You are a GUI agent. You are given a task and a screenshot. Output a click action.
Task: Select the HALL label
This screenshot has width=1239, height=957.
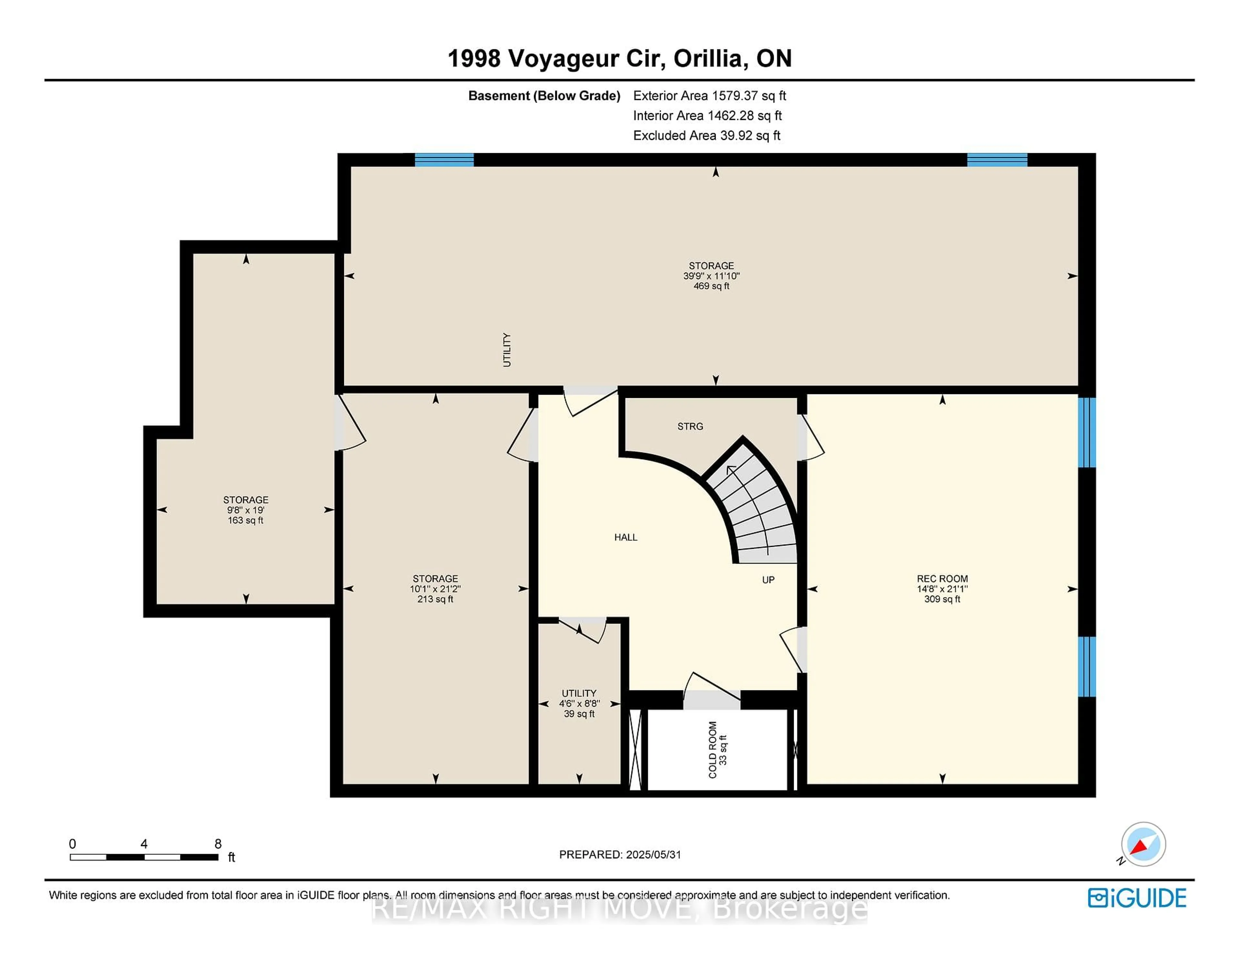(x=626, y=537)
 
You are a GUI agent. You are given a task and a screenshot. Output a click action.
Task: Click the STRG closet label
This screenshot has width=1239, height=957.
(x=690, y=426)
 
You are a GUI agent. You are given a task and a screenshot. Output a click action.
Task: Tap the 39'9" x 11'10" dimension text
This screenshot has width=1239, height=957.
(x=711, y=276)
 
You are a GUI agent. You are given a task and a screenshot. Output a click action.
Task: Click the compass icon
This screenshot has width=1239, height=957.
(x=1143, y=844)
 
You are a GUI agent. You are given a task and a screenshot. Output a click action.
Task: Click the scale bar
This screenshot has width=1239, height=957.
(x=144, y=857)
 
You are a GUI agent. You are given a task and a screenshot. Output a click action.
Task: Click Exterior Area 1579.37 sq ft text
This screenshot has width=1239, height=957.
(x=709, y=96)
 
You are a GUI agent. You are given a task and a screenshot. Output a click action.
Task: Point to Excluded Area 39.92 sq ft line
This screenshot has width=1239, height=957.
(x=707, y=135)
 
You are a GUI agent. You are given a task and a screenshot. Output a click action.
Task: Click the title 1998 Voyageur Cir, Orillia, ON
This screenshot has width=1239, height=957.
(x=619, y=58)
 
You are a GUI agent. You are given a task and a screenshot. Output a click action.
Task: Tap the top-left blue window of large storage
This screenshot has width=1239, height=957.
(x=444, y=160)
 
